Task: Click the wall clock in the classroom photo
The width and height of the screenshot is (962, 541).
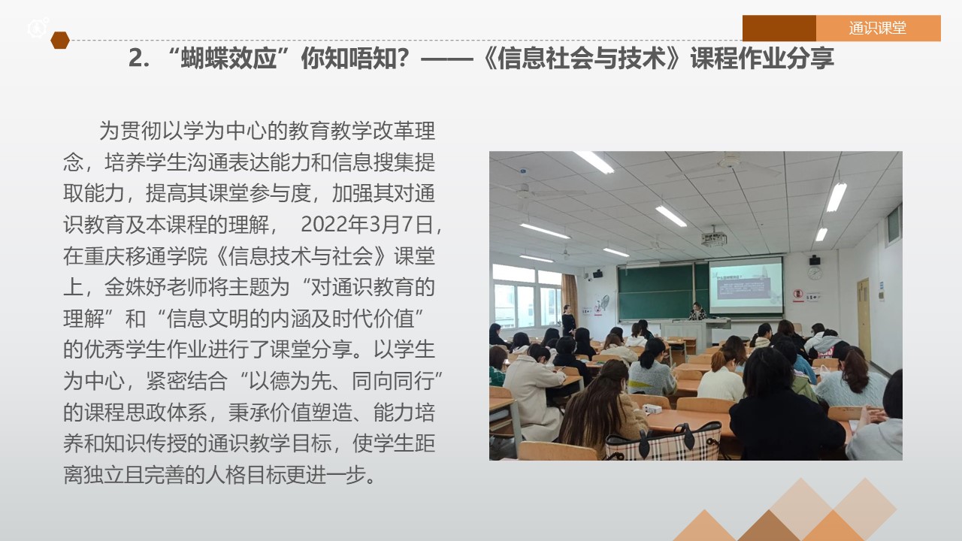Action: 815,273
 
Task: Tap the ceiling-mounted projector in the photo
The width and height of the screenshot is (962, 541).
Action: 713,239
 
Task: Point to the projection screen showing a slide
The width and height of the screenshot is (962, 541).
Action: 745,285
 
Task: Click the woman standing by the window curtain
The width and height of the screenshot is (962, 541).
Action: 569,319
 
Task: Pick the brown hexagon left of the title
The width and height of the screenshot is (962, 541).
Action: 60,41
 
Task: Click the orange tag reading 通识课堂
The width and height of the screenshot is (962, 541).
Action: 878,29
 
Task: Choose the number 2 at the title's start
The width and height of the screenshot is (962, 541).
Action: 135,59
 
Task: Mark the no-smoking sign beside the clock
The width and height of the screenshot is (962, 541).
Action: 798,296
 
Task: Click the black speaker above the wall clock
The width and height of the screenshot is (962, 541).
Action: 815,260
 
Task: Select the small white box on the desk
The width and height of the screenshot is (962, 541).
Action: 652,409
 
